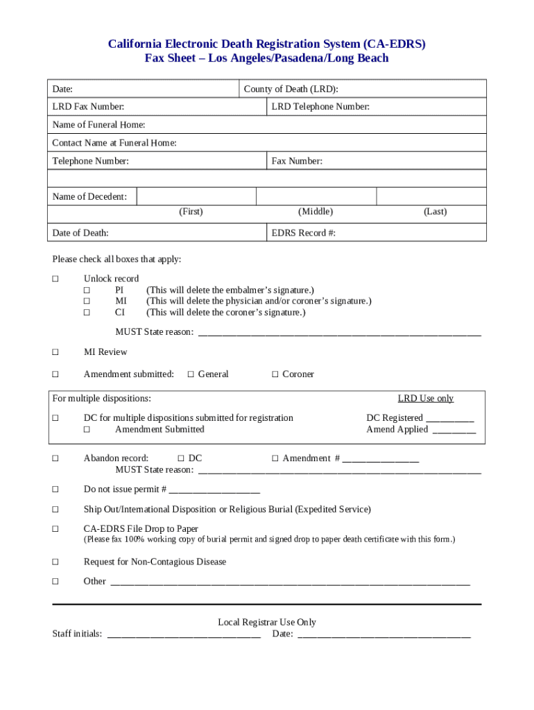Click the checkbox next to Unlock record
[55, 279]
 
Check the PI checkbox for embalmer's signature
[87, 290]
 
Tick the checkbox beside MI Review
[55, 352]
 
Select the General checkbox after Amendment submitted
[191, 374]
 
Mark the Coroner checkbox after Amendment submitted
[275, 374]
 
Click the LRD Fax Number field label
[88, 107]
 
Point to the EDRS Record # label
[304, 233]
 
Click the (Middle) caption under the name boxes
[316, 211]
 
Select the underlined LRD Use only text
[425, 398]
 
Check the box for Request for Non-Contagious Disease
[55, 562]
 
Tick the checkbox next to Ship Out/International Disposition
[55, 510]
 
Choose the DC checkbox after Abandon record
[180, 458]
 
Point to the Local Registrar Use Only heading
[267, 622]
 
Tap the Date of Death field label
[80, 233]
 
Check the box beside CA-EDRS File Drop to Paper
[55, 529]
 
